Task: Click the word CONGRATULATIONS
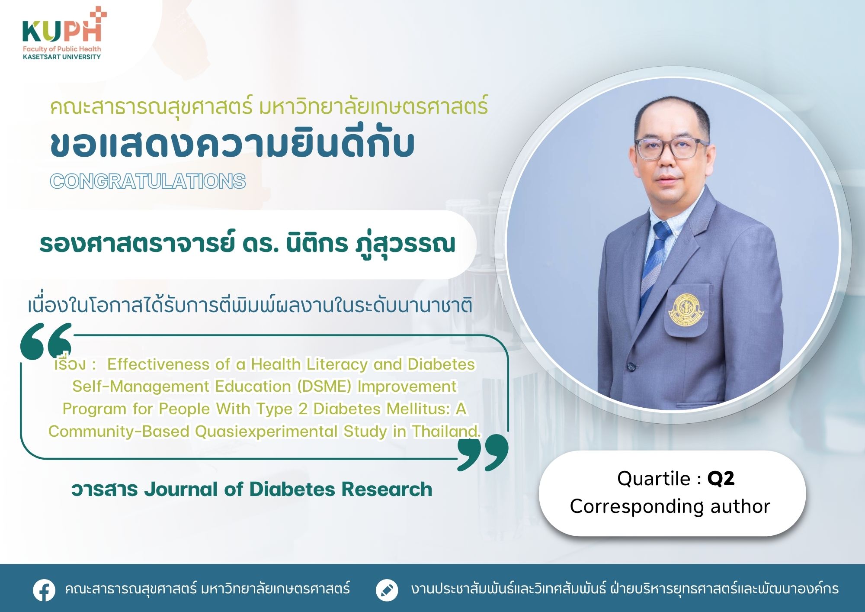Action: (x=148, y=181)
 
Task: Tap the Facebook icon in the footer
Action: (x=44, y=590)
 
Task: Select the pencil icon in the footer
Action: (x=387, y=590)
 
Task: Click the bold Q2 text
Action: (x=721, y=479)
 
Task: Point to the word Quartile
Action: (x=654, y=479)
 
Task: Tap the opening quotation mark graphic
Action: (x=46, y=341)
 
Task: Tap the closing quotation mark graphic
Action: (x=483, y=453)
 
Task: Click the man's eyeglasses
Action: (x=671, y=148)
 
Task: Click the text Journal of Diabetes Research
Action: (x=288, y=490)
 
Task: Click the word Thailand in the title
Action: (x=446, y=431)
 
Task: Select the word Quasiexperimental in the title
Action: (x=266, y=432)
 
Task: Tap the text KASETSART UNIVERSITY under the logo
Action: (x=62, y=57)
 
